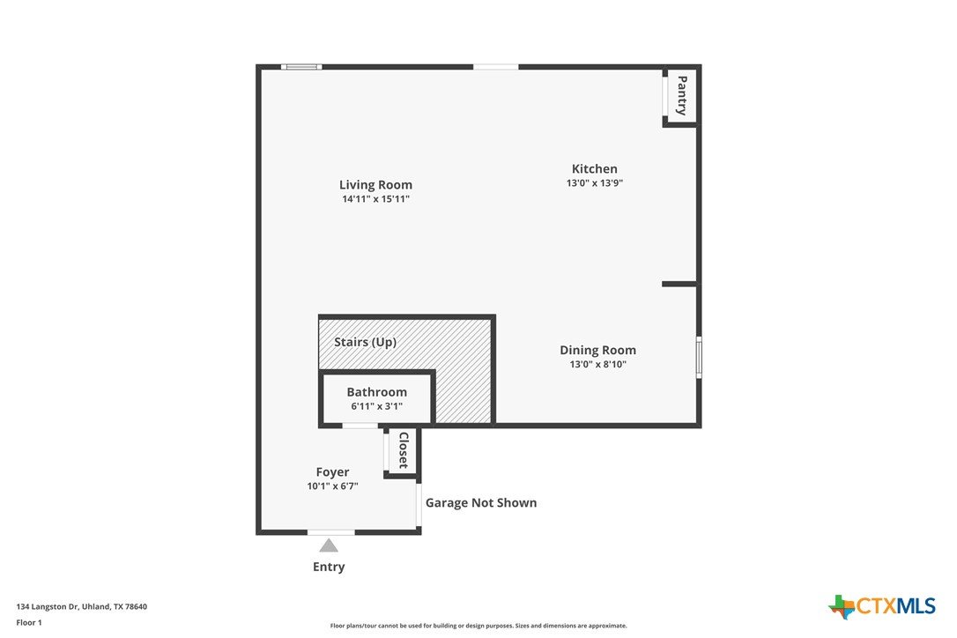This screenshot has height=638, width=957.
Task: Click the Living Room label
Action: (x=375, y=185)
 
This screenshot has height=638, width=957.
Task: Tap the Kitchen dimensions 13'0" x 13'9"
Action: (x=595, y=182)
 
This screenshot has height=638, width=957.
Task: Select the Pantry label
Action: (x=682, y=95)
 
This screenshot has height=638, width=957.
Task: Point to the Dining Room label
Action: (x=597, y=351)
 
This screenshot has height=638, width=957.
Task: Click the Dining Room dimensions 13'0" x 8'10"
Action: (x=597, y=365)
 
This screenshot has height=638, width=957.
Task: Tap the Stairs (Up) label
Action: (x=365, y=343)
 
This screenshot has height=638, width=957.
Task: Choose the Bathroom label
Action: (x=376, y=392)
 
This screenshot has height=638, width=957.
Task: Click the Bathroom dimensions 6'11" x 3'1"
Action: (x=376, y=406)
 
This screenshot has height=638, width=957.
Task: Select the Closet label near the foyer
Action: (x=404, y=450)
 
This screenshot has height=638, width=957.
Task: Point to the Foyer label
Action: (x=332, y=472)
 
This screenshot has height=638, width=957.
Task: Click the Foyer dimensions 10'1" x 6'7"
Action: (x=332, y=486)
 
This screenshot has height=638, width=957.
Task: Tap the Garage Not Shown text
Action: (x=481, y=503)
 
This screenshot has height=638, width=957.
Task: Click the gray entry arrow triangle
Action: (x=329, y=545)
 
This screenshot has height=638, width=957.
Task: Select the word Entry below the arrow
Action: (x=329, y=568)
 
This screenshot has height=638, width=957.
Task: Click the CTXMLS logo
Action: (x=881, y=607)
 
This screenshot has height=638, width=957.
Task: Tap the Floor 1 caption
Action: (x=29, y=623)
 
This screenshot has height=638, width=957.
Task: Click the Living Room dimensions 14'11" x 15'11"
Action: (x=375, y=199)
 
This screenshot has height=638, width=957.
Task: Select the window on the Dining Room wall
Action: (x=699, y=357)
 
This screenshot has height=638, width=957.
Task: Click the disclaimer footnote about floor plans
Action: (x=478, y=626)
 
